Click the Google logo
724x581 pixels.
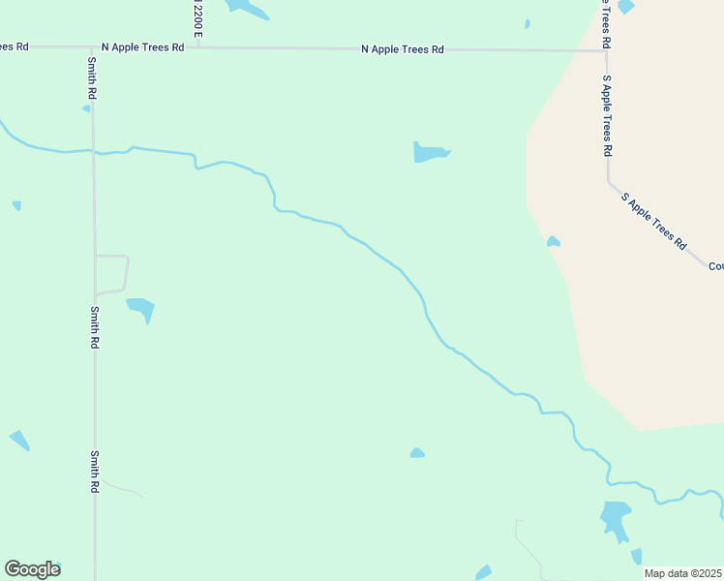point(32,569)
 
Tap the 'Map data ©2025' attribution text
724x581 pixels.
point(682,573)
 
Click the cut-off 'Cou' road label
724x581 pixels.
point(715,266)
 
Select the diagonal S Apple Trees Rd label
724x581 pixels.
point(653,221)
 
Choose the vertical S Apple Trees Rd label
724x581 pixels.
point(607,116)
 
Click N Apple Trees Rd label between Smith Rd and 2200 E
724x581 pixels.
point(143,46)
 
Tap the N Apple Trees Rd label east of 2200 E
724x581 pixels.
point(402,48)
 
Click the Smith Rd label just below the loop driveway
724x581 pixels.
point(94,327)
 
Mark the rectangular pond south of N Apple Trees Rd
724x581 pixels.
point(430,152)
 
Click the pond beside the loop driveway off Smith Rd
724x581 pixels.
point(140,309)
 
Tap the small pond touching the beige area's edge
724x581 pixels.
point(553,241)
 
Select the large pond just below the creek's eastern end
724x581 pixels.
point(615,517)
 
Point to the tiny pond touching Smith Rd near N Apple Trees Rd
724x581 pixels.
point(86,108)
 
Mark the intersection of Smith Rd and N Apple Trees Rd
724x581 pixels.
point(93,46)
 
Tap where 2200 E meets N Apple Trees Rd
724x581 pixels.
point(197,46)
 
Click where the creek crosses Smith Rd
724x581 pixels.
point(93,151)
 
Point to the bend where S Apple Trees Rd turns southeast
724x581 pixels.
point(610,181)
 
